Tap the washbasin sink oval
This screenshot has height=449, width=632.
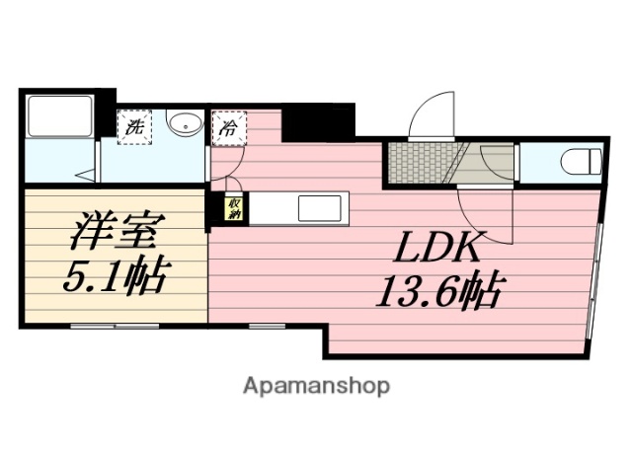coord(183,124)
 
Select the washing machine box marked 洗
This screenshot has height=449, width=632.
coord(133,126)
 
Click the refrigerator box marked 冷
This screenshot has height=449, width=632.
coord(228,127)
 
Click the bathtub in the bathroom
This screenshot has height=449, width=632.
coord(58,119)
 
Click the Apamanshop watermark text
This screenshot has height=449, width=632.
coord(316,384)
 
